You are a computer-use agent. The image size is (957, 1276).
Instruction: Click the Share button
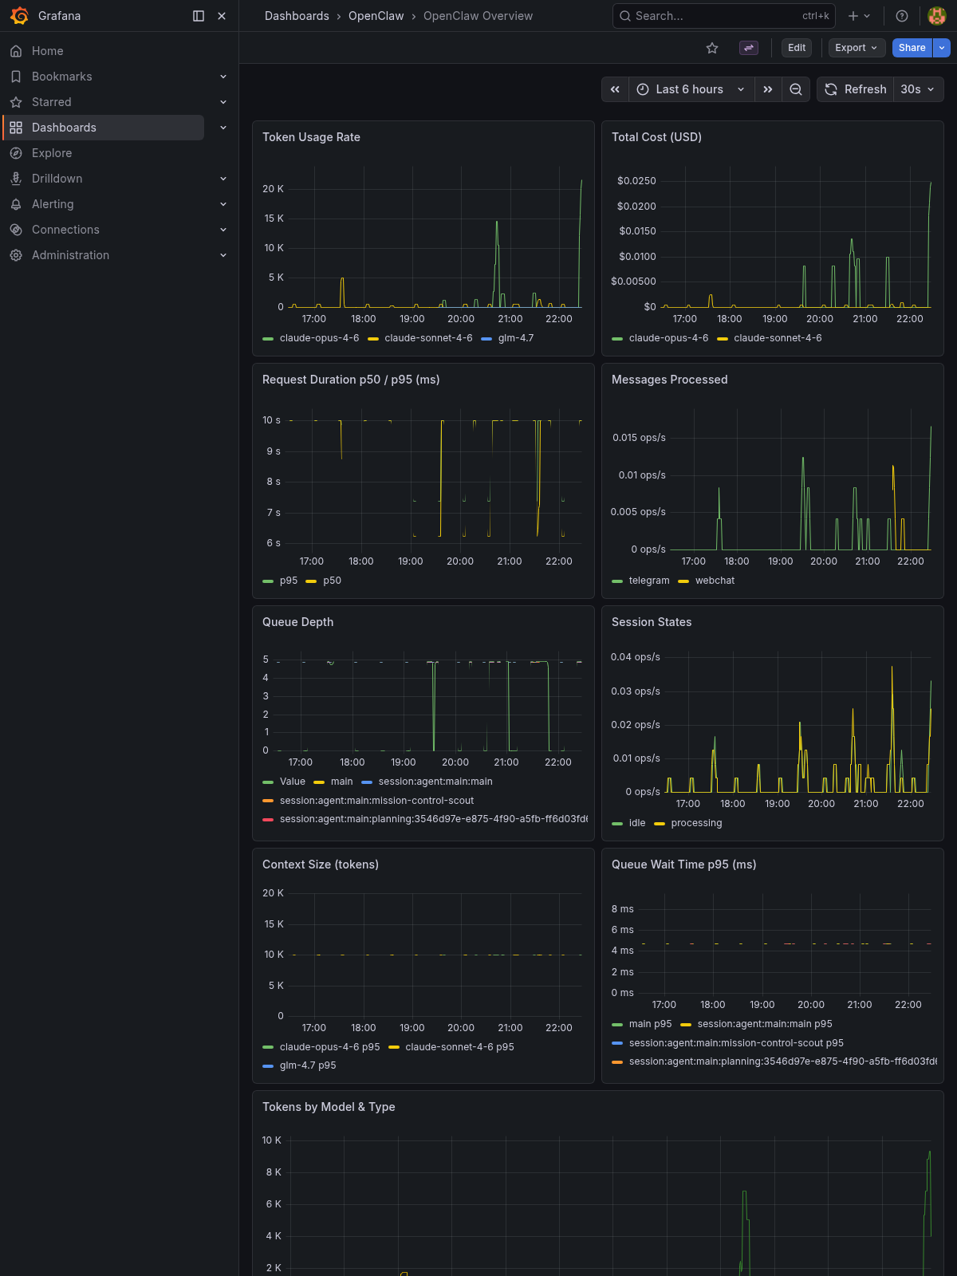pos(912,48)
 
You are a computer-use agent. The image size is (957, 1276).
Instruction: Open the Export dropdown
pos(857,48)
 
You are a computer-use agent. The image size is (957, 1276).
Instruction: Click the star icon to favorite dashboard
pos(712,48)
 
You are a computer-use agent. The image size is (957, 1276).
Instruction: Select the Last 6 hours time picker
pos(691,89)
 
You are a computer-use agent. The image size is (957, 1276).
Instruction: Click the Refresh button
pos(855,89)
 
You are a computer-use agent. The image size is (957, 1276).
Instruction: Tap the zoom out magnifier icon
pos(796,89)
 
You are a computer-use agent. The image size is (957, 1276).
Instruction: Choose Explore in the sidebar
pos(52,153)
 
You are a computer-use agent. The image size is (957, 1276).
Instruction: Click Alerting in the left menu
pos(53,204)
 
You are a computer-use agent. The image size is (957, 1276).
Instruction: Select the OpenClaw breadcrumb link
pos(376,16)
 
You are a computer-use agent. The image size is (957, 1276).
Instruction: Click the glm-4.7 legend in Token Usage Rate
pos(515,338)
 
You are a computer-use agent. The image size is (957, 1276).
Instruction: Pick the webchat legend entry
pos(715,581)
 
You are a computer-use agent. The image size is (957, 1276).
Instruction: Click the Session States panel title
pos(652,622)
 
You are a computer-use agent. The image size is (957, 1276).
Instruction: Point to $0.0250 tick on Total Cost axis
pos(636,181)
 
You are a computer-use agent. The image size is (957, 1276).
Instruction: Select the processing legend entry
pos(696,823)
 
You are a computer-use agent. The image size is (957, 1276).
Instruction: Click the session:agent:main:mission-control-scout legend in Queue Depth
pos(376,801)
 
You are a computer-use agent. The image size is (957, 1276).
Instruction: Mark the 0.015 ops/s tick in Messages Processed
pos(639,438)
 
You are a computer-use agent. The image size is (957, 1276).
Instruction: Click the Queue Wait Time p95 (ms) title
pos(683,864)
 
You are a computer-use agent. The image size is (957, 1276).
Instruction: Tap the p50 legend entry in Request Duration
pos(332,581)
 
